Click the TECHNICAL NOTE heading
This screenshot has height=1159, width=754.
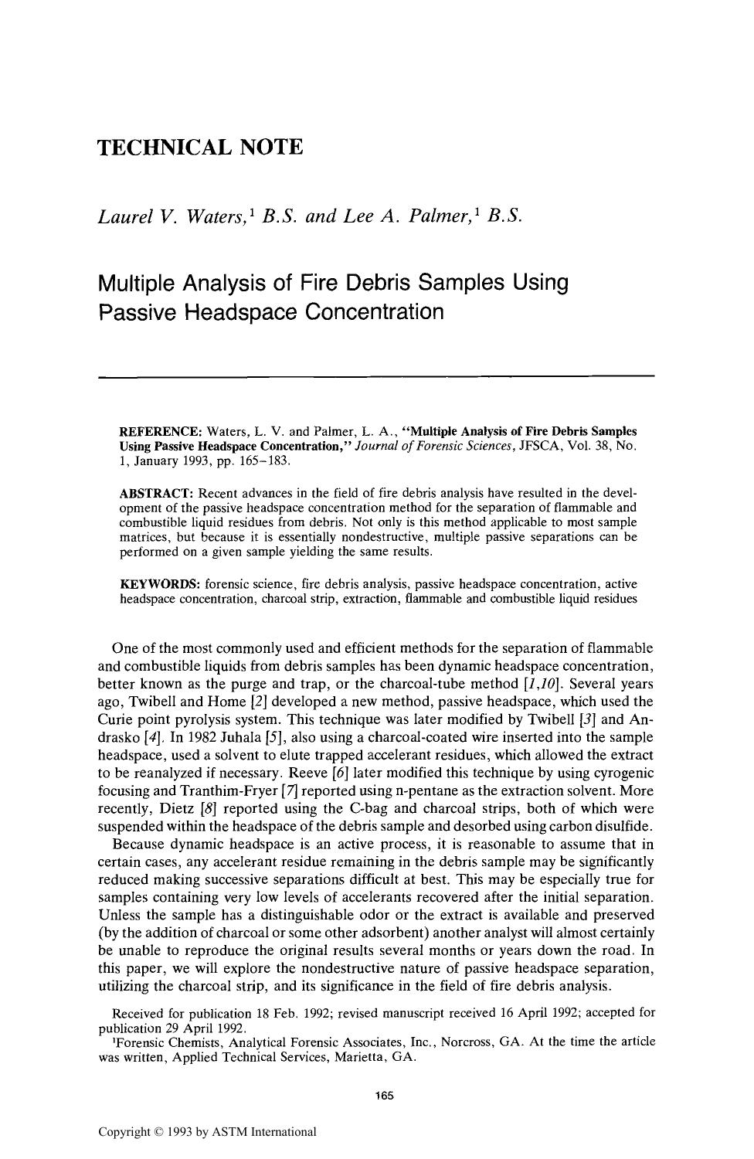point(200,147)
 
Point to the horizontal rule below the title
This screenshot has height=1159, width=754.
point(376,376)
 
